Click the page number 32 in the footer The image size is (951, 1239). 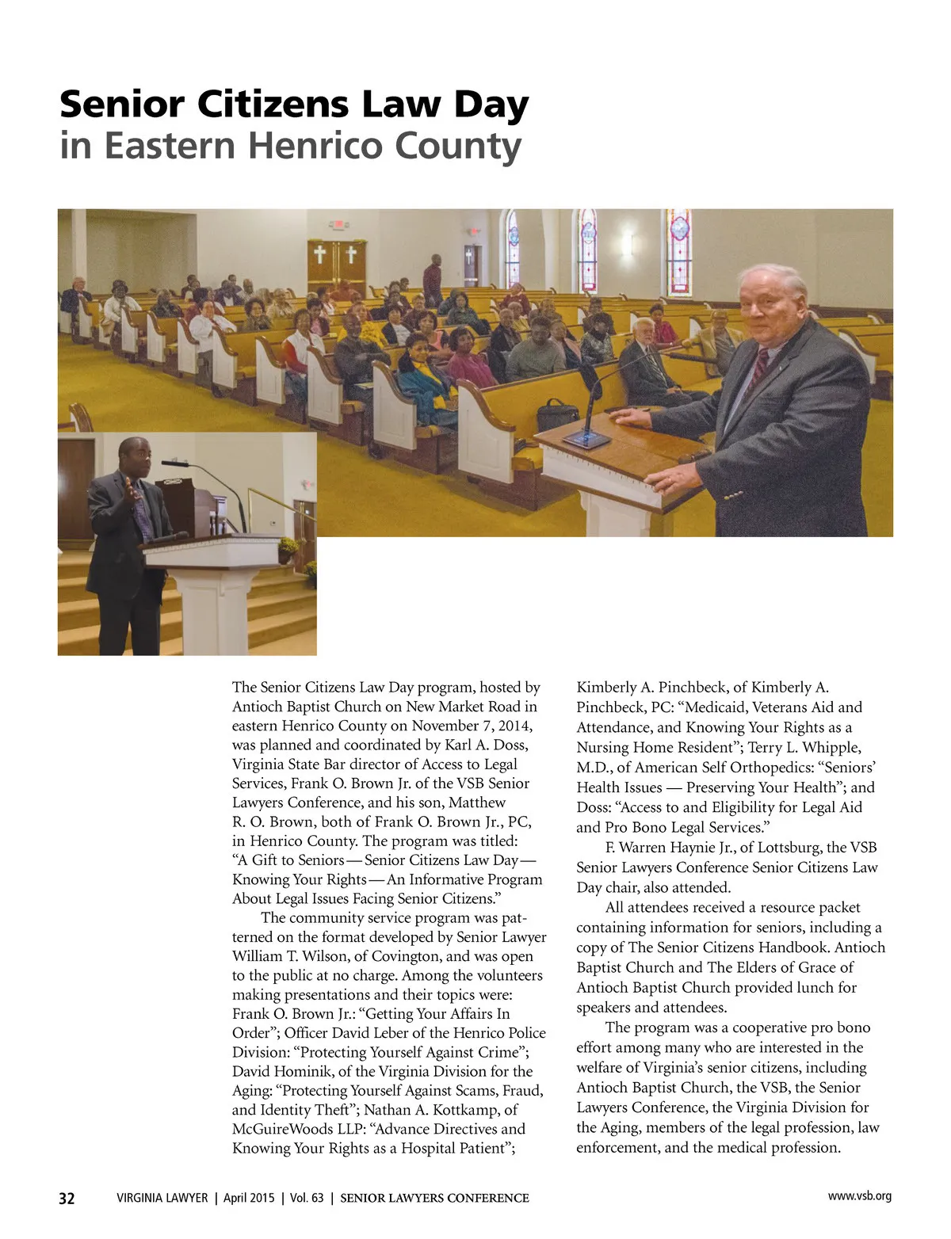click(67, 1199)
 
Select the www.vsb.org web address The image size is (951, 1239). click(859, 1196)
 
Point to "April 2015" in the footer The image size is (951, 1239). click(248, 1199)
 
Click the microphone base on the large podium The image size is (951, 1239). click(586, 440)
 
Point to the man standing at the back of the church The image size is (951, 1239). click(433, 281)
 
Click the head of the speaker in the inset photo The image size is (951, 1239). click(131, 454)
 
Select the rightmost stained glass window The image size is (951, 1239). click(679, 251)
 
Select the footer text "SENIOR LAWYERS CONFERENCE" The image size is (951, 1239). click(434, 1199)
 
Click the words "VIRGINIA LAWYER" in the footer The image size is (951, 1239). click(162, 1199)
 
